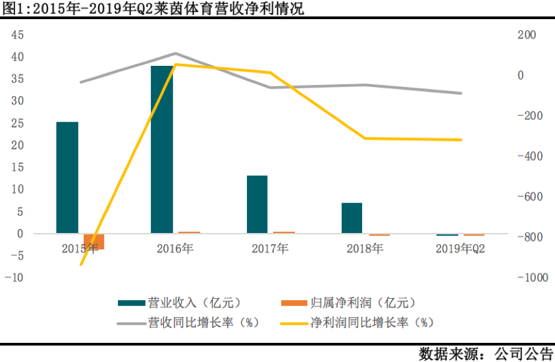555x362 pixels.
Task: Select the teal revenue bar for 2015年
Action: coord(67,178)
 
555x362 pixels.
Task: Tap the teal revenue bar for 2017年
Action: coord(257,205)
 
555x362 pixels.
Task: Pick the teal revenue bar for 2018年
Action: coord(352,218)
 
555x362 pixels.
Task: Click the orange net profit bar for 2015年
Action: coord(94,242)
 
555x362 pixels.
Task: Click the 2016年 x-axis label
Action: coord(175,248)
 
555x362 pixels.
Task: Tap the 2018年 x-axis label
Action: coord(365,248)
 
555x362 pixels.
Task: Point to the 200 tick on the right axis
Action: coord(528,35)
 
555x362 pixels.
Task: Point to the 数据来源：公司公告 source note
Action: coord(486,353)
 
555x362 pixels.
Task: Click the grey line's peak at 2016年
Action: coord(176,53)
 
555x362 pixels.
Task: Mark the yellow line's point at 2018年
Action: coord(365,138)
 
